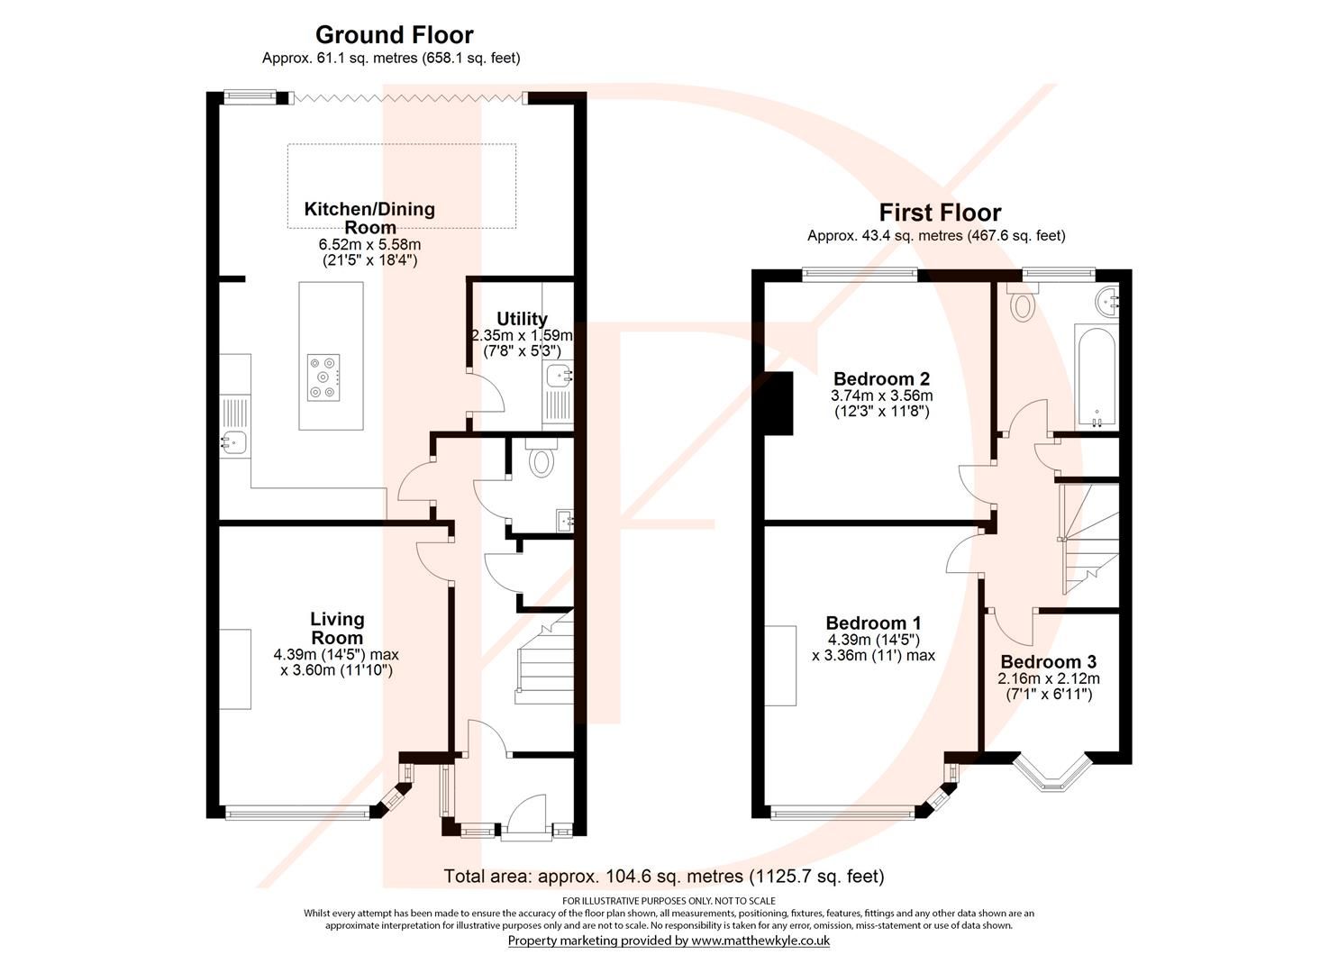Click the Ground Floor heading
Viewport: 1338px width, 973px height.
(394, 35)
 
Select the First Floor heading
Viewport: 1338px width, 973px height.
(940, 213)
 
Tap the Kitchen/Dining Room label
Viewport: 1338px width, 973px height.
(369, 217)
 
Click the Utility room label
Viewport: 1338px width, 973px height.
(522, 319)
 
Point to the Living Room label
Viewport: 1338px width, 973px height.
(337, 628)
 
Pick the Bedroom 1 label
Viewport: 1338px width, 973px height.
(873, 623)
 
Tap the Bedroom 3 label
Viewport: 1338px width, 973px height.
(1048, 662)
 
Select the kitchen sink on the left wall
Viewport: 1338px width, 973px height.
(236, 441)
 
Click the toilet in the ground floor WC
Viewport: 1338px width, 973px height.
(541, 461)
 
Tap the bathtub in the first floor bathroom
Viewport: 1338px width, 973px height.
(1096, 374)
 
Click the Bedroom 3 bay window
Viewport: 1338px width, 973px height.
(1051, 773)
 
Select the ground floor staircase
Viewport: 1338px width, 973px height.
(543, 662)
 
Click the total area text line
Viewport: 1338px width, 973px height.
(664, 876)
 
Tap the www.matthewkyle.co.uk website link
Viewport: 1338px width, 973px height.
(760, 941)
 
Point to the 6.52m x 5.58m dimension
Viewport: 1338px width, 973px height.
(369, 244)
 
